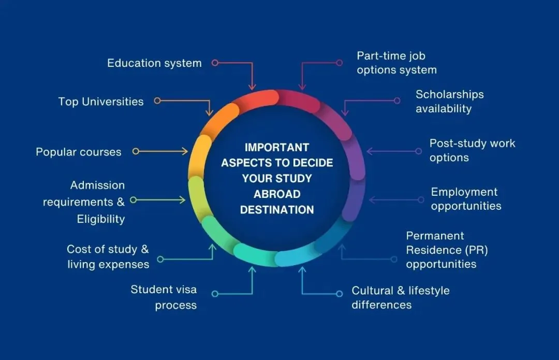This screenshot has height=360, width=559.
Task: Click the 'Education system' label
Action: click(x=154, y=63)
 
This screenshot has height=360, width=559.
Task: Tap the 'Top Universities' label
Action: click(x=101, y=102)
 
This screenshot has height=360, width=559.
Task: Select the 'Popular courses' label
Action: click(x=79, y=152)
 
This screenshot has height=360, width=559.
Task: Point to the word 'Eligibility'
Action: click(x=101, y=219)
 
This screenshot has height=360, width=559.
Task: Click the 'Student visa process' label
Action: click(x=164, y=297)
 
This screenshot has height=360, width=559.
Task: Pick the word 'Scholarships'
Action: click(x=450, y=95)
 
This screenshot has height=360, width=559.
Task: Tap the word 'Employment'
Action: click(x=464, y=192)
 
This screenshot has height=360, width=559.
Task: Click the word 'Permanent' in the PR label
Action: click(x=435, y=236)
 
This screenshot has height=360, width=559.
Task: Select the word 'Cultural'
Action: click(x=373, y=291)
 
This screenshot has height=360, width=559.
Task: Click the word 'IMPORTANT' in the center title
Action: click(x=277, y=147)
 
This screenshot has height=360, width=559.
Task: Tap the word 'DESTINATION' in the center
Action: click(x=277, y=210)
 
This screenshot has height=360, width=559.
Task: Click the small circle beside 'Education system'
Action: click(x=215, y=63)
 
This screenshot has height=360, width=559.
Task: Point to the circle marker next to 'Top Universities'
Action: click(x=157, y=101)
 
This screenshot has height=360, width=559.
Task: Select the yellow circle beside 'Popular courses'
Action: click(x=136, y=151)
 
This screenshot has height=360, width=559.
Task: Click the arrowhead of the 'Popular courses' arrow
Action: click(x=185, y=151)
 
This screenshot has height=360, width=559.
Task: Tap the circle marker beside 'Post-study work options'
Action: click(x=419, y=151)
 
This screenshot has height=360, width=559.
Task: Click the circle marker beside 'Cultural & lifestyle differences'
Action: click(x=339, y=294)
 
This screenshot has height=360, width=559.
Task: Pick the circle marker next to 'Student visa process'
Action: click(x=215, y=294)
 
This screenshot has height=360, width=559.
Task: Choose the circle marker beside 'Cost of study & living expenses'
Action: click(x=160, y=259)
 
